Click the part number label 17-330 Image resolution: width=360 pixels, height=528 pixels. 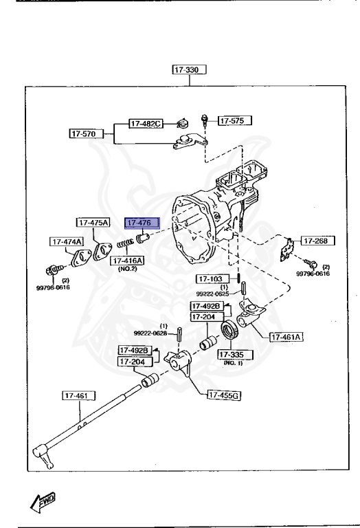(x=190, y=69)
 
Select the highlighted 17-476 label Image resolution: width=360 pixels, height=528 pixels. (x=141, y=223)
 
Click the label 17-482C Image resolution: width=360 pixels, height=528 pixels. (x=146, y=124)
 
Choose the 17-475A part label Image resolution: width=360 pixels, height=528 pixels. (x=93, y=223)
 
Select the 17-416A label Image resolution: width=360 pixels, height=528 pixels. (x=126, y=261)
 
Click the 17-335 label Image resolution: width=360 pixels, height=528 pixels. (x=235, y=355)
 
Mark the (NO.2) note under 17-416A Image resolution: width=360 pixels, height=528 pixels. (x=126, y=269)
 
